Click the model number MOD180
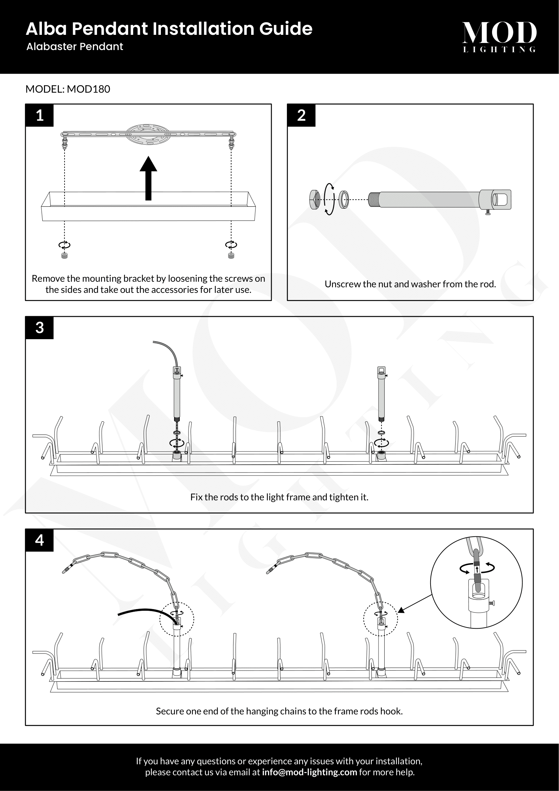[89, 89]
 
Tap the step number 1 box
[40, 115]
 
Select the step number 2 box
[301, 115]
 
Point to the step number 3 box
[40, 328]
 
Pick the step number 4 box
[40, 540]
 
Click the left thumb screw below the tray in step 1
[64, 256]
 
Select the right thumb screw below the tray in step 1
[231, 256]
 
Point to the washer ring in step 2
[343, 200]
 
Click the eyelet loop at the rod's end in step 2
[499, 200]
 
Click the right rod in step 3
[381, 393]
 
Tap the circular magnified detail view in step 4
[477, 583]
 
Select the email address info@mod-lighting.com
[309, 772]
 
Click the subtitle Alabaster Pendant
[75, 47]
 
